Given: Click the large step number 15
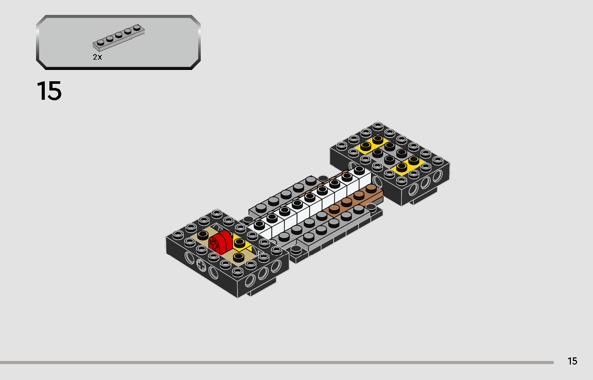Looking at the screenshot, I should click(x=49, y=91).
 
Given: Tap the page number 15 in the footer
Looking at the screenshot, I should click(x=572, y=361).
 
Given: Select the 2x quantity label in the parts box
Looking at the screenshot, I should click(x=97, y=57).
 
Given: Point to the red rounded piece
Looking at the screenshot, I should click(x=220, y=242).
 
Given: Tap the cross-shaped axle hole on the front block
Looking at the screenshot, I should click(x=202, y=266).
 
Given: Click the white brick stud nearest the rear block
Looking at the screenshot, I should click(x=359, y=169).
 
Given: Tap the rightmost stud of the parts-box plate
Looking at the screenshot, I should click(x=136, y=27).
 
